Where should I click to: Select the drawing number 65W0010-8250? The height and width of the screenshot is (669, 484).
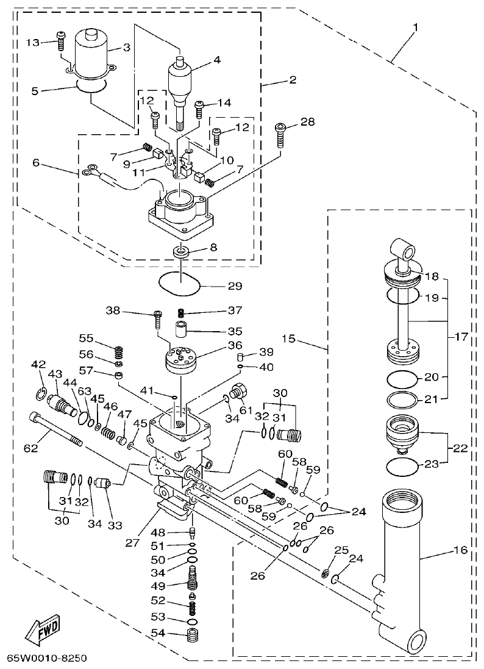pos(47,659)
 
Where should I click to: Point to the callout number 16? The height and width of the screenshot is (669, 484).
pos(460,550)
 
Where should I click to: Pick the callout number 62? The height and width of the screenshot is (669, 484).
pos(30,448)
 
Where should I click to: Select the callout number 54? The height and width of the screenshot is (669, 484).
pos(157,633)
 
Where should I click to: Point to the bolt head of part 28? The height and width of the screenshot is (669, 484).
pos(280,127)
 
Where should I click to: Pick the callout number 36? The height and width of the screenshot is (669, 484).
pos(234,346)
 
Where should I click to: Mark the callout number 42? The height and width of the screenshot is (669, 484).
pos(38,365)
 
